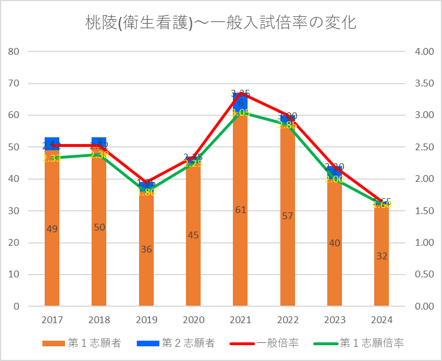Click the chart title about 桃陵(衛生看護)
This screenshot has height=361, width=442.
[x=220, y=23]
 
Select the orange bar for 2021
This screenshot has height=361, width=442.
[x=240, y=226]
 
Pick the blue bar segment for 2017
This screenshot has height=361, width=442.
[x=52, y=143]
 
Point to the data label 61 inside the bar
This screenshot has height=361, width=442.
[x=240, y=210]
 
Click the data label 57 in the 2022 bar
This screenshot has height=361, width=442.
[x=287, y=216]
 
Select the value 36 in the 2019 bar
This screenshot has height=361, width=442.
[x=146, y=249]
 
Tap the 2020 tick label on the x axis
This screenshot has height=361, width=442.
[x=193, y=320]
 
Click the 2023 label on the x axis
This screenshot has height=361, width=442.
[x=335, y=320]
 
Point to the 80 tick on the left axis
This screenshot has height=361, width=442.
[x=15, y=51]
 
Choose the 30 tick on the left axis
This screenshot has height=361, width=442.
[x=15, y=211]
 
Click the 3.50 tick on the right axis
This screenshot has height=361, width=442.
[x=424, y=84]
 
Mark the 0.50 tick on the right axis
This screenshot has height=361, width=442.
[x=424, y=275]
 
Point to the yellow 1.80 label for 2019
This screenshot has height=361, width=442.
[x=146, y=192]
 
